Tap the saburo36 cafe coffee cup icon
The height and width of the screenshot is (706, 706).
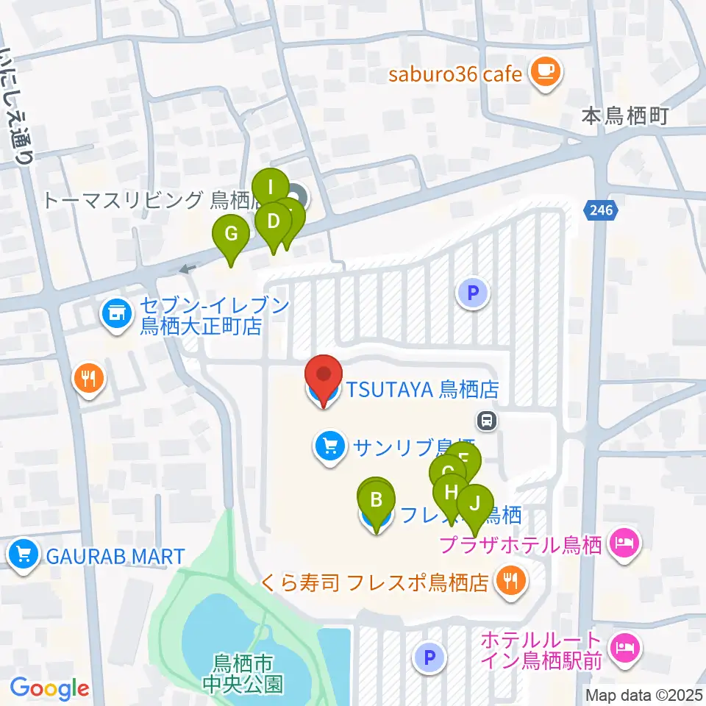pos(544,72)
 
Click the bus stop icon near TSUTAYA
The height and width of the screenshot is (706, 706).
pos(485,421)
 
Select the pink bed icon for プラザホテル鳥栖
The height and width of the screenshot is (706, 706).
pos(624,545)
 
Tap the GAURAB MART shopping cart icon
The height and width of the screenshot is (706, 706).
pos(24,554)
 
